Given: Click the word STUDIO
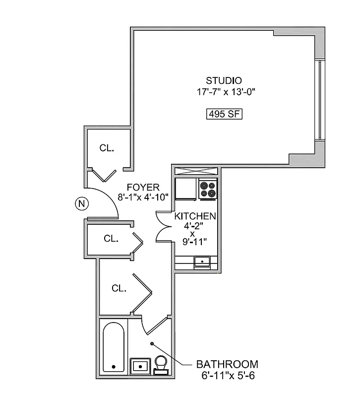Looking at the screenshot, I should [224, 80].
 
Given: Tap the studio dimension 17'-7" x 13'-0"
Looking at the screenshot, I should [225, 92].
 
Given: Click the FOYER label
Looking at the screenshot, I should [143, 187].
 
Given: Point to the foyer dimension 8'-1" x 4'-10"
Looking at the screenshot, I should [143, 197].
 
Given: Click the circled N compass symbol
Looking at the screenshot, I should [80, 203].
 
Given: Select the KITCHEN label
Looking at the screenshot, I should [195, 216].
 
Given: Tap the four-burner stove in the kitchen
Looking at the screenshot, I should [208, 189].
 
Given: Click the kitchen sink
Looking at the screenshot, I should [202, 261].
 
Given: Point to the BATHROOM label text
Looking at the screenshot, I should [227, 364].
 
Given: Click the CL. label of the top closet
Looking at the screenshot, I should [107, 148].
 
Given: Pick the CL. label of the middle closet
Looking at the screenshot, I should [111, 239].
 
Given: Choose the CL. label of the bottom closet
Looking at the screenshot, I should [119, 288].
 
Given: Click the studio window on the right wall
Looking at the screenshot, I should [320, 101].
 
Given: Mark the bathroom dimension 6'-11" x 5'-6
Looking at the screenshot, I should [228, 375].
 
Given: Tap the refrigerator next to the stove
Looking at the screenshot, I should [186, 189].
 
